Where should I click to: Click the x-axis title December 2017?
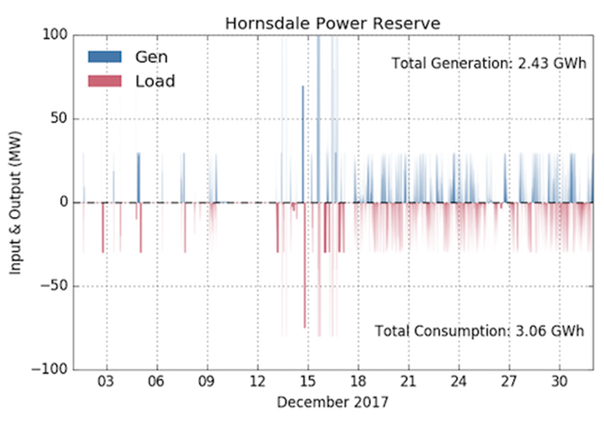pyautogui.click(x=332, y=401)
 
